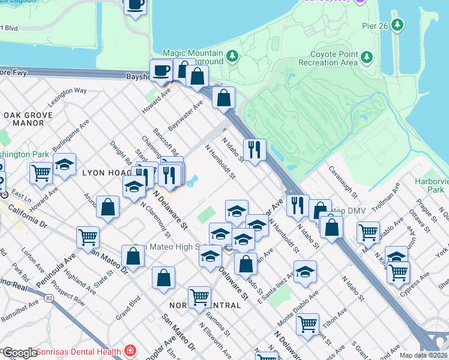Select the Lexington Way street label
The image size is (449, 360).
(67, 97)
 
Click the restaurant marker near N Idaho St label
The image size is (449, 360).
(255, 149)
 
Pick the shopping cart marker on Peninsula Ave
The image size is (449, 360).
(88, 237)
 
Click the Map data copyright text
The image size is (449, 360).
(424, 355)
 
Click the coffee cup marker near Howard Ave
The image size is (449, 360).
(161, 70)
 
